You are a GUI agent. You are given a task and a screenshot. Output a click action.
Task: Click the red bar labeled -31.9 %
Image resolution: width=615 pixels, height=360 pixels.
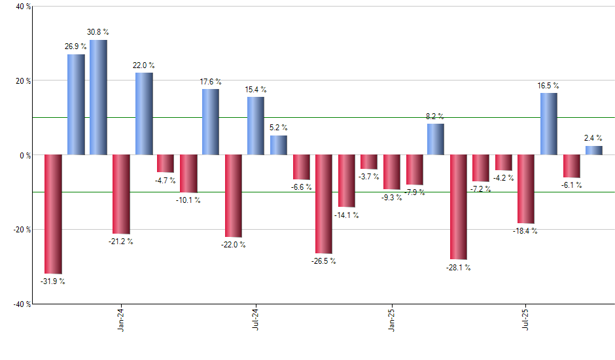click(x=53, y=214)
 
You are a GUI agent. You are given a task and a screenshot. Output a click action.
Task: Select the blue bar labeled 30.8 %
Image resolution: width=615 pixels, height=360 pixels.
click(x=98, y=98)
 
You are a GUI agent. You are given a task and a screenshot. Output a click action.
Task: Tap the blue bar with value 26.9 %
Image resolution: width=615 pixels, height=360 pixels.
click(x=76, y=105)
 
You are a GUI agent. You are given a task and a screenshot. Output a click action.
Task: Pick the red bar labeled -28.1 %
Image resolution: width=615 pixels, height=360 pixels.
click(x=458, y=207)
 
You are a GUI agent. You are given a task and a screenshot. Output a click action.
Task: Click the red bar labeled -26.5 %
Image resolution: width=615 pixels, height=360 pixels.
click(x=324, y=204)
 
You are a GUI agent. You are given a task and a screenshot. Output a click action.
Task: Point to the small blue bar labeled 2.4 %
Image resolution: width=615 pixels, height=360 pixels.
click(x=594, y=151)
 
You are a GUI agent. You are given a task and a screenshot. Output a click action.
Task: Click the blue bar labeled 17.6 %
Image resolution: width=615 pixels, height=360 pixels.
click(x=211, y=122)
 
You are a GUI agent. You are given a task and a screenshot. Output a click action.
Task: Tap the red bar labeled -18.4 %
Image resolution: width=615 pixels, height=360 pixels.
click(x=526, y=189)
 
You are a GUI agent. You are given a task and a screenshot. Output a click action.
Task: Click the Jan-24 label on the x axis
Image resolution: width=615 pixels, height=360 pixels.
click(x=120, y=319)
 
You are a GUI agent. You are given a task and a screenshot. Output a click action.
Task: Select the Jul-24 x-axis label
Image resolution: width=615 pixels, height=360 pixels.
click(x=255, y=319)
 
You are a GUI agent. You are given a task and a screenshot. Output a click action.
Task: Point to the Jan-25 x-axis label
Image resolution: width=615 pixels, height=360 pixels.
click(x=391, y=319)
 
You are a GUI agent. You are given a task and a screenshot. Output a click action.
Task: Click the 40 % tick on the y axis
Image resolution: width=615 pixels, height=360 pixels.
click(x=23, y=7)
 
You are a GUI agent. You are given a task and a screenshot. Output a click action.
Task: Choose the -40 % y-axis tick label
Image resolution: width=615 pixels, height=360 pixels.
click(x=22, y=304)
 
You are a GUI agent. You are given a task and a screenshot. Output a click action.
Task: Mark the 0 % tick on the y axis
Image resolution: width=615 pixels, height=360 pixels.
click(x=25, y=155)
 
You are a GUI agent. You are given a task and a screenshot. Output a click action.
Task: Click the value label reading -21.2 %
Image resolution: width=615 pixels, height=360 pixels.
click(x=121, y=242)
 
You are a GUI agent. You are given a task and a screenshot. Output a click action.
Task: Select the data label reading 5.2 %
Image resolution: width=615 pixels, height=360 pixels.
click(x=279, y=128)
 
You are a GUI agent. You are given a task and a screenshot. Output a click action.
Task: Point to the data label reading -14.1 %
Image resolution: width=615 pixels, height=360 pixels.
click(x=347, y=215)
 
